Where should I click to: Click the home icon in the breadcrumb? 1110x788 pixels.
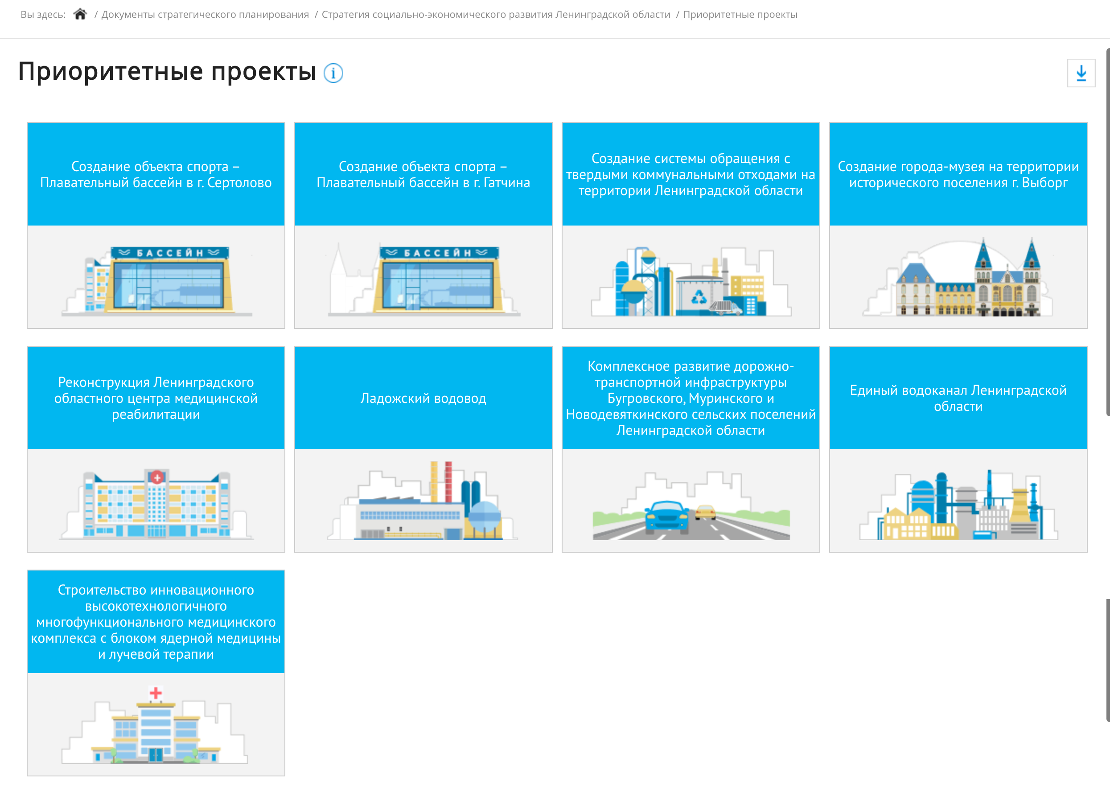(80, 14)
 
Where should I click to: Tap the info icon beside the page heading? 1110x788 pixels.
(333, 73)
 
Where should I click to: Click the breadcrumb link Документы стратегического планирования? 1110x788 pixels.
(205, 15)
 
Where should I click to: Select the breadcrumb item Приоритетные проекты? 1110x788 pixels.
(740, 15)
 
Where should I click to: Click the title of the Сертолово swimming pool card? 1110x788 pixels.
(156, 175)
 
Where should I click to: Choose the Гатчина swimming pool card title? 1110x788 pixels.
(423, 175)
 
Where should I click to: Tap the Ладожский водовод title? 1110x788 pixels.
(423, 398)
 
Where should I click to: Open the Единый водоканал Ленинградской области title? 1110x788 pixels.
(958, 398)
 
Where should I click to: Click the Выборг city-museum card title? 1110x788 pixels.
(958, 175)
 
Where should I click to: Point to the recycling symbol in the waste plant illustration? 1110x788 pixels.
(699, 296)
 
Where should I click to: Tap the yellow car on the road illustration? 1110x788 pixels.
(706, 512)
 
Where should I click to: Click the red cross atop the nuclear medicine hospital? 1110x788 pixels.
(156, 693)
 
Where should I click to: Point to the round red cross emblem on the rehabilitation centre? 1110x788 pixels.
(157, 477)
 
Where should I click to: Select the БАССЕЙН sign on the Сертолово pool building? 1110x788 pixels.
(169, 253)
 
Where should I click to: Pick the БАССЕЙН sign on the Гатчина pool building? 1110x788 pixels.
(439, 253)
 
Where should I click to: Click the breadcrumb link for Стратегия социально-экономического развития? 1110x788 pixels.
(496, 15)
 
